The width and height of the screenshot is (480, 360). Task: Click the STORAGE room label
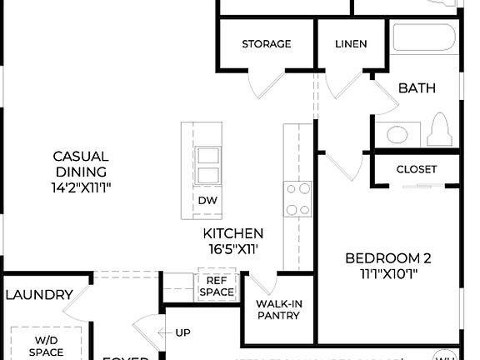[266, 43]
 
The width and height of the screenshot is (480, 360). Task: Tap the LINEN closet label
[350, 43]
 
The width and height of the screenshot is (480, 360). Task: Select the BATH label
[417, 87]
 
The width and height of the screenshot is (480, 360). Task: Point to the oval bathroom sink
[396, 134]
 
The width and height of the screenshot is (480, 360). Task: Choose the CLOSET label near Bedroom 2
[417, 169]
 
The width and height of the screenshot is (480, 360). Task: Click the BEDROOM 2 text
[388, 257]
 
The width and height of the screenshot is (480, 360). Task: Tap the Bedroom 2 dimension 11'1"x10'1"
[388, 273]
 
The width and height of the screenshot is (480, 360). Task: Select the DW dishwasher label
[207, 201]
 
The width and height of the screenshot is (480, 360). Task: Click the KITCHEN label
[233, 233]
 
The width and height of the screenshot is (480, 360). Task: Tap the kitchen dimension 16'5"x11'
[233, 248]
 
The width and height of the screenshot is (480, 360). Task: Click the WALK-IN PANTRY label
[277, 309]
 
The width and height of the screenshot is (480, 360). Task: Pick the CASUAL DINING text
[81, 163]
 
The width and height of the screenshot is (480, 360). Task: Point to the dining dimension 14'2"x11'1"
[81, 187]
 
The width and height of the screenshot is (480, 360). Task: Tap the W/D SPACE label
[47, 346]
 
